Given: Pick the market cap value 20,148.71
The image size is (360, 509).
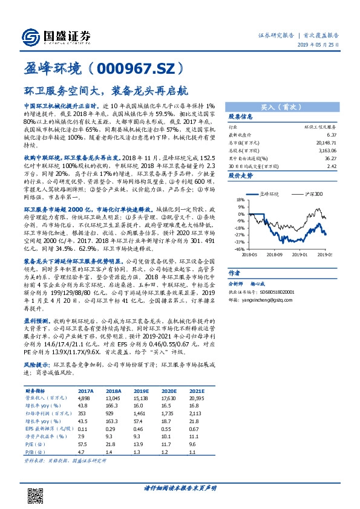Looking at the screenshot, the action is (x=327, y=143).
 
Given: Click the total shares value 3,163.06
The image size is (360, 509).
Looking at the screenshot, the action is (x=328, y=151).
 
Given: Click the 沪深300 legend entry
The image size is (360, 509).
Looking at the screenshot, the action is (x=313, y=194).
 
